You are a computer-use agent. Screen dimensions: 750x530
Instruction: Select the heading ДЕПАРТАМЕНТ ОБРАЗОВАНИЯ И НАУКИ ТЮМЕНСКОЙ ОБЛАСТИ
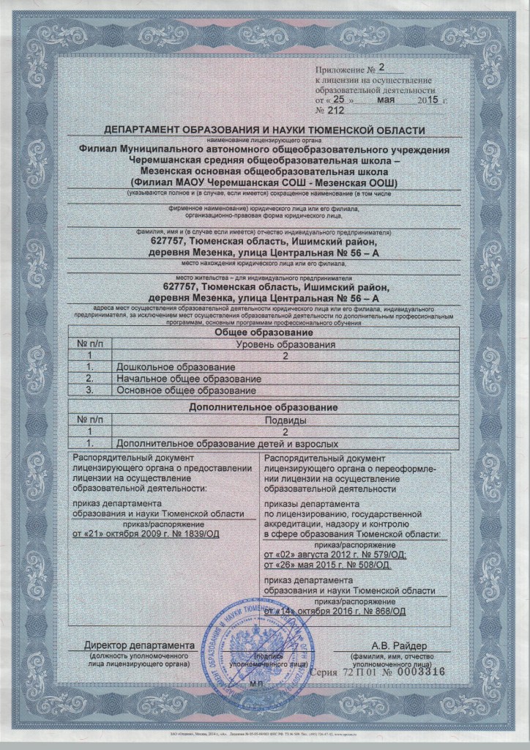point(264,130)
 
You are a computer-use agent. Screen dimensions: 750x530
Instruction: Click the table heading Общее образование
point(264,333)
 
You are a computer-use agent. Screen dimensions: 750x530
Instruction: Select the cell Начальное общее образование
point(189,379)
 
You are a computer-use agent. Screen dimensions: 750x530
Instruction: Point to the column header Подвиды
point(284,420)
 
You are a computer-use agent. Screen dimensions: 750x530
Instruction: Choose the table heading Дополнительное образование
point(264,406)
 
